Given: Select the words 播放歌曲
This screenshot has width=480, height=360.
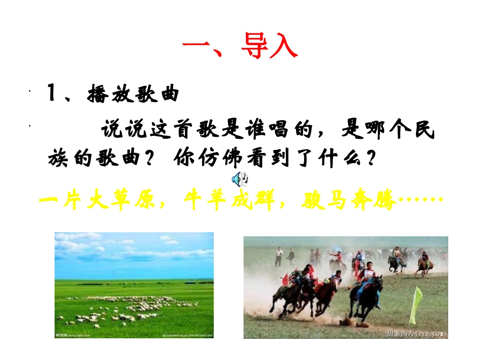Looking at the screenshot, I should (x=133, y=94).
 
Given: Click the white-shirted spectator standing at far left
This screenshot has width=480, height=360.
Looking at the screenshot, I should (x=278, y=256).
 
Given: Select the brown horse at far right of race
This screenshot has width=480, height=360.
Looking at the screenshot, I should (x=423, y=264).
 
